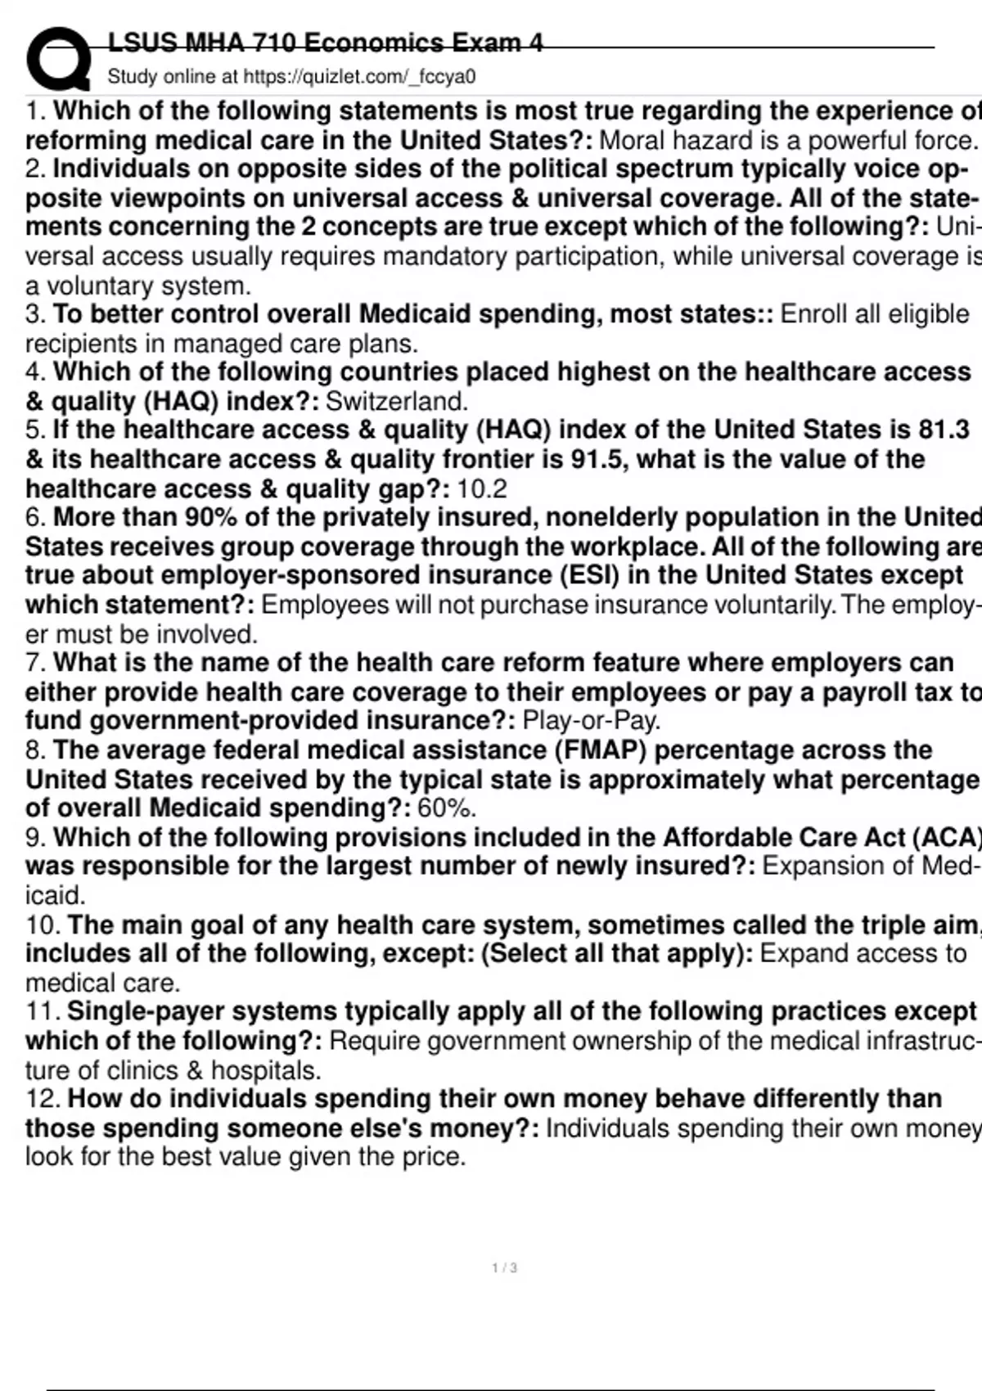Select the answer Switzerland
coord(397,401)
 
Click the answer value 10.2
coord(482,488)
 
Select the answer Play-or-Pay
coord(591,721)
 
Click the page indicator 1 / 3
coord(504,1268)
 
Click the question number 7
coord(34,663)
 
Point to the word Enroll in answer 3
coord(814,314)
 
